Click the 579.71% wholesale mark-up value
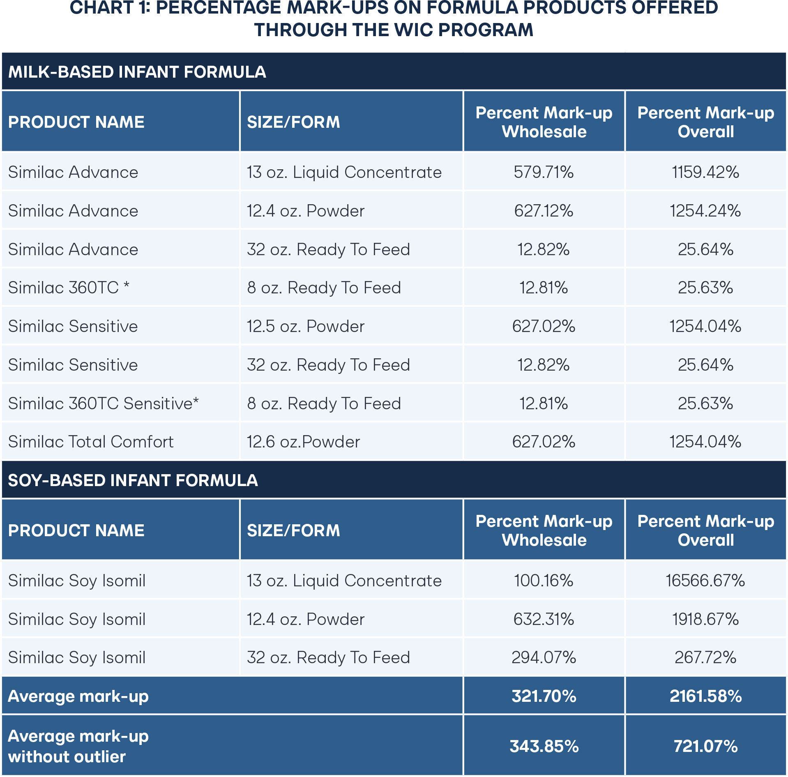click(x=544, y=172)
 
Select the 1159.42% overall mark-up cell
click(x=705, y=172)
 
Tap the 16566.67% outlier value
click(x=705, y=581)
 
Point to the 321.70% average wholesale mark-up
click(x=544, y=696)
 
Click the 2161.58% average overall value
click(x=705, y=696)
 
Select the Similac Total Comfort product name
click(x=91, y=442)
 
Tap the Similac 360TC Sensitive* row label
click(x=103, y=403)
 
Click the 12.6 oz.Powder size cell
click(x=303, y=442)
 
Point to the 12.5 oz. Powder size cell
click(x=305, y=326)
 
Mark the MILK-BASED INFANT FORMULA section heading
click(x=137, y=72)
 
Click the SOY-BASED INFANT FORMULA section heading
click(x=133, y=480)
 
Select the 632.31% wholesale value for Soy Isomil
click(x=544, y=619)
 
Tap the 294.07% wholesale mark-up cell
click(x=544, y=657)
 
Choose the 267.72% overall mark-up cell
click(x=705, y=657)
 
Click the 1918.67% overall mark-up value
click(x=705, y=619)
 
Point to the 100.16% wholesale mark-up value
click(x=544, y=581)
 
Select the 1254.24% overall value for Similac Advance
click(x=705, y=211)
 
